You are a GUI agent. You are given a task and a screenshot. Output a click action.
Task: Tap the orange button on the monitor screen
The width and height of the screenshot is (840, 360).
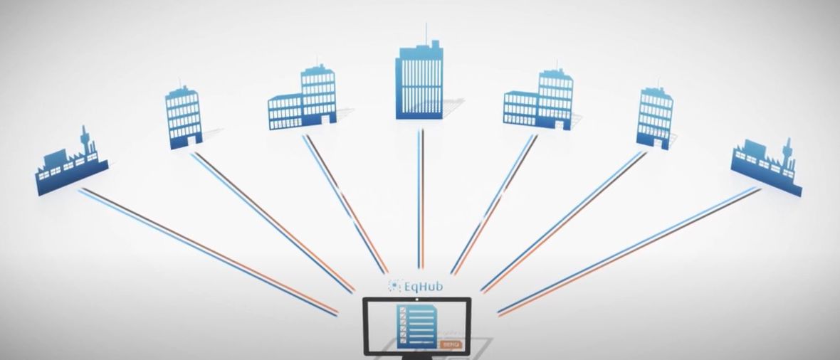[x=451, y=344]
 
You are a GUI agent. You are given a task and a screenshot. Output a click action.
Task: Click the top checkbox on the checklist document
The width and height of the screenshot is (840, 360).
[x=402, y=311]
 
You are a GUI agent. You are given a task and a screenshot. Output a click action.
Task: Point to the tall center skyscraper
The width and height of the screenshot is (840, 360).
[x=419, y=80]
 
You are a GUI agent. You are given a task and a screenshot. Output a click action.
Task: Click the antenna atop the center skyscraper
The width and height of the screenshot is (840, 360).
[x=426, y=31]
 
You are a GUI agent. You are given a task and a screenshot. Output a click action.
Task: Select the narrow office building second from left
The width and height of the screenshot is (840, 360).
[x=183, y=117]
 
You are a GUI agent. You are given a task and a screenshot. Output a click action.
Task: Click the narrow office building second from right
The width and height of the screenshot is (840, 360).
[x=654, y=117]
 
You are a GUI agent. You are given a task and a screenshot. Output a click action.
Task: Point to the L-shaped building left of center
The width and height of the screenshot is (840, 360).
[x=302, y=100]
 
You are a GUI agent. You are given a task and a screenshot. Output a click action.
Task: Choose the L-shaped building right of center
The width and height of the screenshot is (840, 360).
[x=539, y=100]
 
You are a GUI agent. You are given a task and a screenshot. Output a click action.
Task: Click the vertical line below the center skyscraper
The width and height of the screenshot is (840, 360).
[x=421, y=199]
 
